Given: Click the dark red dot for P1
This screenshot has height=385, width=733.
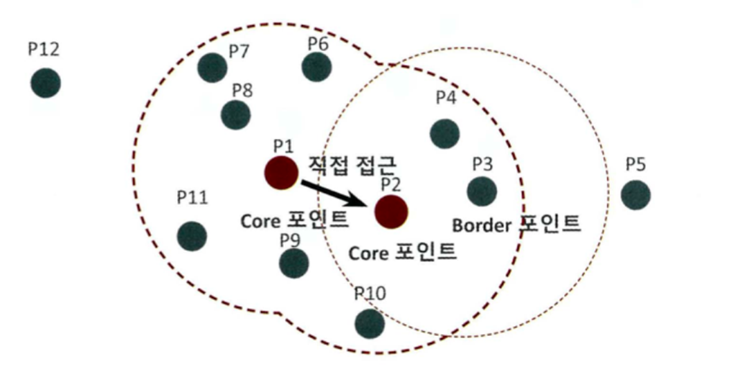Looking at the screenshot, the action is [281, 173].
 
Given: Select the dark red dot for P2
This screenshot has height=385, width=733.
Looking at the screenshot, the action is [391, 211].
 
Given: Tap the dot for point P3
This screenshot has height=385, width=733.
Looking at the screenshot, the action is [481, 191].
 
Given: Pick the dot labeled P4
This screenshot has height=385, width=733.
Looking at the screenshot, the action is [445, 134].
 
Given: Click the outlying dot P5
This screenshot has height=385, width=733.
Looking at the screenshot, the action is [635, 194].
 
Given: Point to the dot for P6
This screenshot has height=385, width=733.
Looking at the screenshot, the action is [317, 67].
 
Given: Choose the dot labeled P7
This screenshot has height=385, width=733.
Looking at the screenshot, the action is [212, 68].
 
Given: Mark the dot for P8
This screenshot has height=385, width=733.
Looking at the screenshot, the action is [235, 114].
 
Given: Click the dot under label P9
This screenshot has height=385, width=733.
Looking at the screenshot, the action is [293, 263].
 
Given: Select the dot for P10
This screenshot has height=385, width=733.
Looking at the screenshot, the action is [369, 323].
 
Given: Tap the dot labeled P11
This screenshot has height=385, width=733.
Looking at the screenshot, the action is [192, 236].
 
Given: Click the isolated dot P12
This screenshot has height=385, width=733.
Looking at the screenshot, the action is [45, 83].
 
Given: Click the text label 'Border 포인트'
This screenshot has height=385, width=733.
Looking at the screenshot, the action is [516, 224].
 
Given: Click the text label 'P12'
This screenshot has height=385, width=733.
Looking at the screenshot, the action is [43, 50].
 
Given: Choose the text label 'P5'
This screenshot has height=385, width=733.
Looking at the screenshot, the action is [635, 164].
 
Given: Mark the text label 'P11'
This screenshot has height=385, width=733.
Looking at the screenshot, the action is [192, 197].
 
